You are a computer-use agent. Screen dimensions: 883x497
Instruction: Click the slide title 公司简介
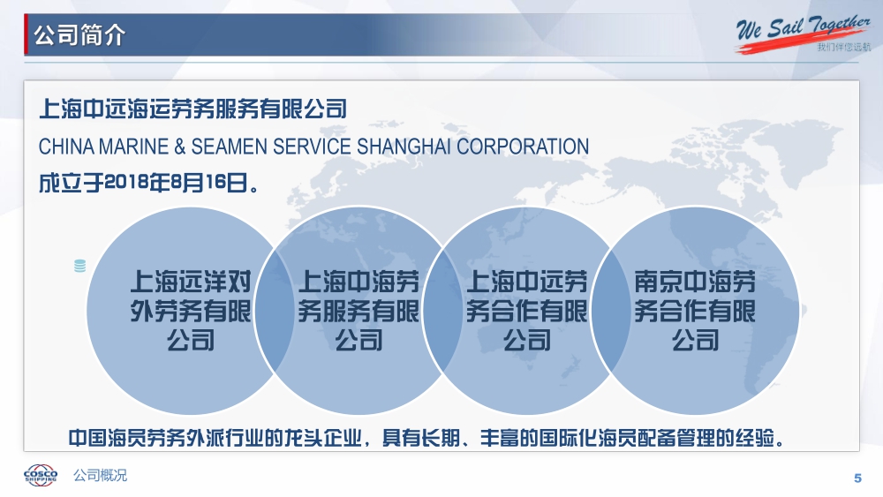pyautogui.click(x=79, y=35)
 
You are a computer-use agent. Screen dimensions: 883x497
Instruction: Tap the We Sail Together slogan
pyautogui.click(x=803, y=29)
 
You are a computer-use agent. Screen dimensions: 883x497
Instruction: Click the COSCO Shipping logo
pyautogui.click(x=41, y=475)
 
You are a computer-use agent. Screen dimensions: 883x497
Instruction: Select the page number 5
pyautogui.click(x=857, y=478)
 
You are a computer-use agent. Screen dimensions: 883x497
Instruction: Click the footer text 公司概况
pyautogui.click(x=101, y=475)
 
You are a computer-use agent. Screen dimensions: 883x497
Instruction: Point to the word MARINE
pyautogui.click(x=133, y=147)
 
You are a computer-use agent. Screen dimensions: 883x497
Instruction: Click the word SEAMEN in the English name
pyautogui.click(x=230, y=147)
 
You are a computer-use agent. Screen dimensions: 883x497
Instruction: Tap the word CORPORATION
pyautogui.click(x=523, y=147)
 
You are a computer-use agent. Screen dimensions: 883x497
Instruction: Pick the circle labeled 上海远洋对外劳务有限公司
pyautogui.click(x=191, y=311)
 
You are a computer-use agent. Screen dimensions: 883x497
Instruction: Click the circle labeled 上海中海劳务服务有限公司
pyautogui.click(x=358, y=311)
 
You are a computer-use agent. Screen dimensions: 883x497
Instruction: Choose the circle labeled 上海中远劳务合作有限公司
pyautogui.click(x=526, y=311)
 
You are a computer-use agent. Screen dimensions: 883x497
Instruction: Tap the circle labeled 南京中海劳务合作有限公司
pyautogui.click(x=695, y=311)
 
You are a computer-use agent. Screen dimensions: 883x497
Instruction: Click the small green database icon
pyautogui.click(x=80, y=266)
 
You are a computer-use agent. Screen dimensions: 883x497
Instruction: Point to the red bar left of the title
pyautogui.click(x=26, y=35)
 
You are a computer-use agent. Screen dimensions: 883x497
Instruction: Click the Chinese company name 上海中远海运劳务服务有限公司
pyautogui.click(x=192, y=109)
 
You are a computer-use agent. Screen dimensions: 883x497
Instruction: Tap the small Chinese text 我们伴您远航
pyautogui.click(x=843, y=47)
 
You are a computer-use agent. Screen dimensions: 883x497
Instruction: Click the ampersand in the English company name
pyautogui.click(x=179, y=147)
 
